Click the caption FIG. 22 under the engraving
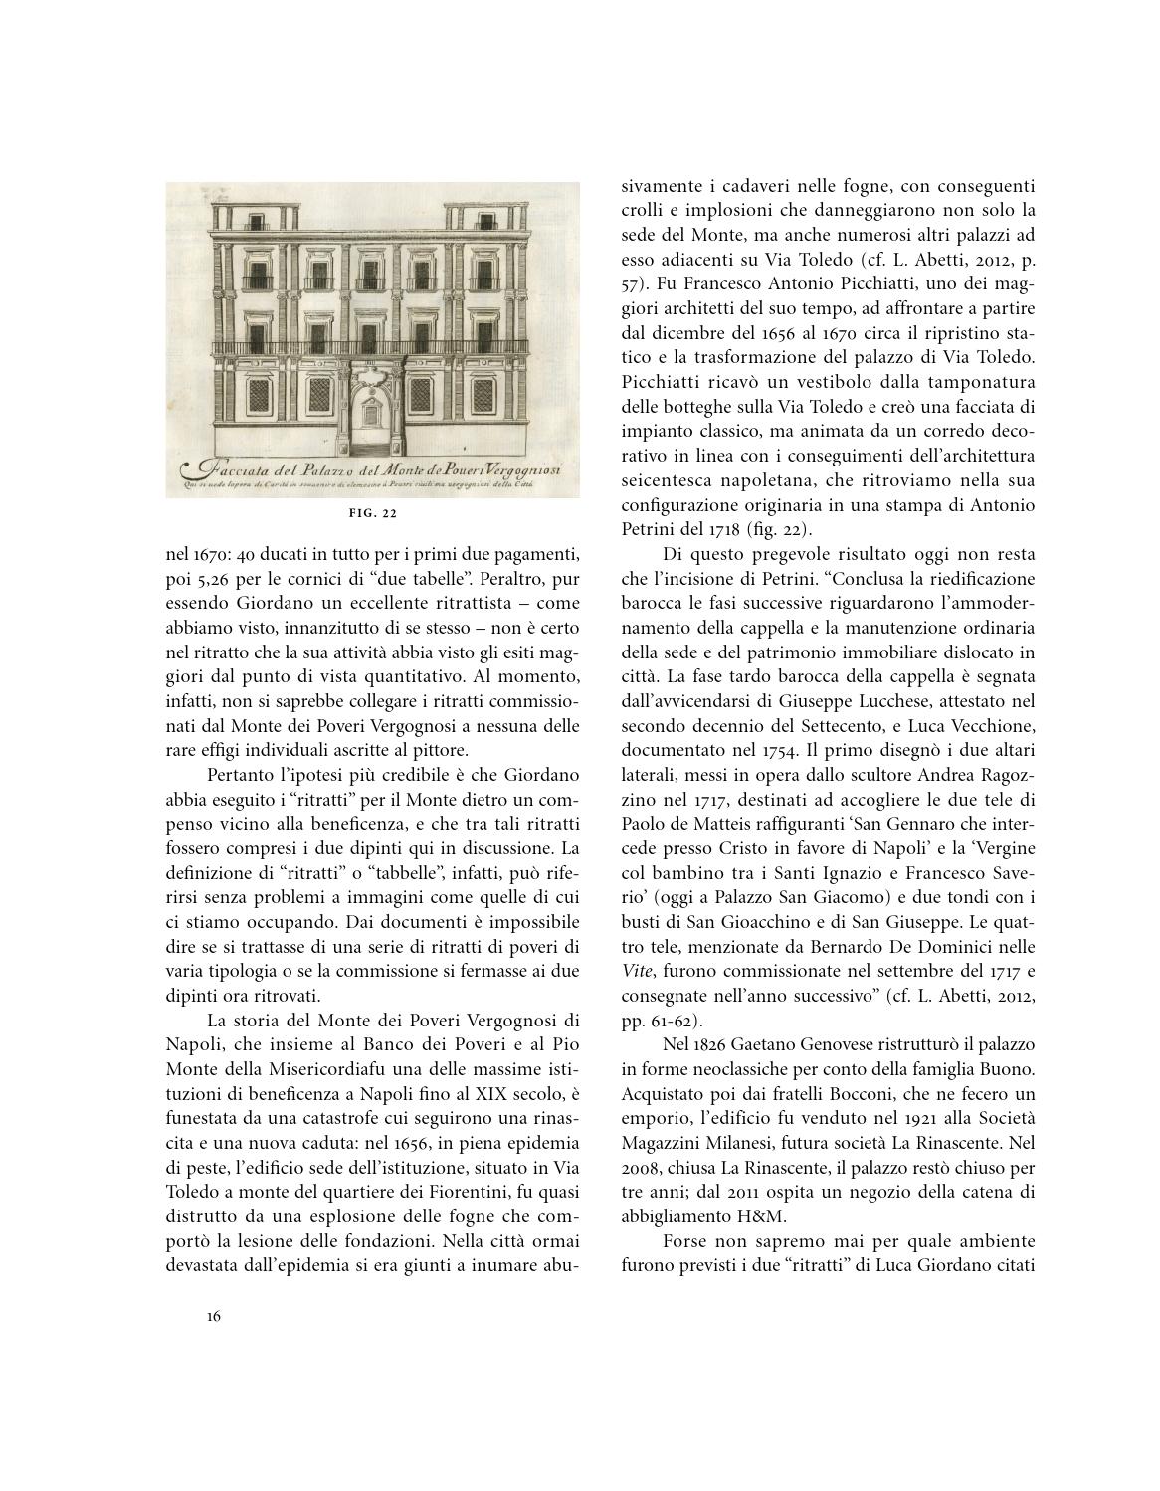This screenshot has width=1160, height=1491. coord(373,513)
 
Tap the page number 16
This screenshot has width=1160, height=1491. coord(214,1316)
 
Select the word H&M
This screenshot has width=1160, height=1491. coord(762,1215)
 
